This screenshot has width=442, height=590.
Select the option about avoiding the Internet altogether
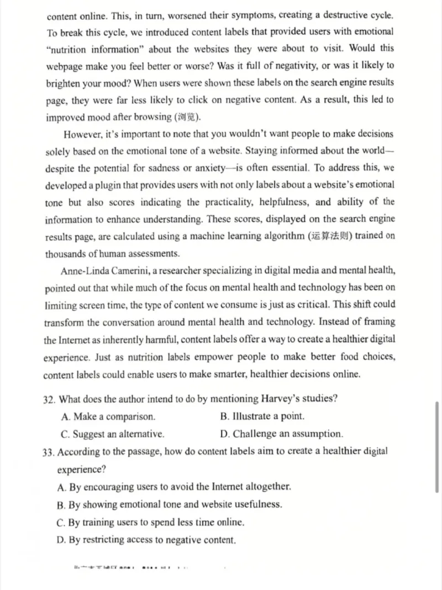coord(174,487)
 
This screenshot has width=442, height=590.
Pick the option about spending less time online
coord(151,522)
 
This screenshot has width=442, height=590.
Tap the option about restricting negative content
coord(146,540)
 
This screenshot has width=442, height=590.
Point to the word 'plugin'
coord(122,185)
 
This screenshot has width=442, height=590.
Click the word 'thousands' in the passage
coord(67,254)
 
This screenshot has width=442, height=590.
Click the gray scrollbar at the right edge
coord(437,448)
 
